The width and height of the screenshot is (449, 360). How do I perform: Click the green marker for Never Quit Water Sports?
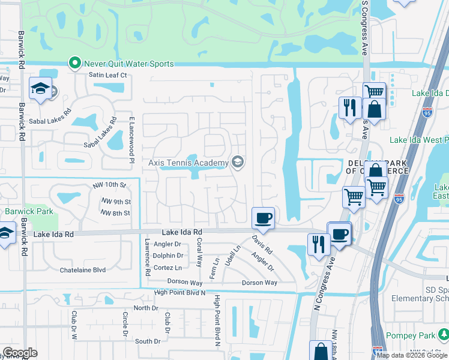click(75, 63)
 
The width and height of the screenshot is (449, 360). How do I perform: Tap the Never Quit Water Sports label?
click(128, 64)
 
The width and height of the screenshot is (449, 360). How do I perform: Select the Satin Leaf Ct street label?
click(108, 75)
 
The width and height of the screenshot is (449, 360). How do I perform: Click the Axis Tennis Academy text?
click(188, 163)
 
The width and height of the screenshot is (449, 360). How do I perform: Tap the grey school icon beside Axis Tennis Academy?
click(238, 162)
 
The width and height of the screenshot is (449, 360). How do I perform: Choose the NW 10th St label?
click(110, 185)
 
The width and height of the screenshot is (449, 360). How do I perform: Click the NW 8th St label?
click(115, 213)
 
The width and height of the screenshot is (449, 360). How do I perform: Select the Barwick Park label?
click(29, 211)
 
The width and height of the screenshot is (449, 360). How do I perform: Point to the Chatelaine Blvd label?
click(83, 271)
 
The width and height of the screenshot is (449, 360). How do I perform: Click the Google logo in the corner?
click(20, 353)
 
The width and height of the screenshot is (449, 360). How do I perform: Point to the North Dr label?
click(146, 308)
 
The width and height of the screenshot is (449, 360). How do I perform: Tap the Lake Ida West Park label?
click(419, 140)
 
